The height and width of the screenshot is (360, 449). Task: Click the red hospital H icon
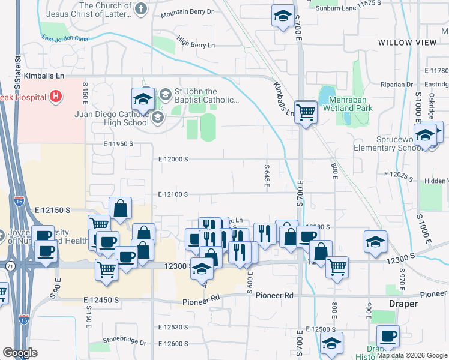[56, 96]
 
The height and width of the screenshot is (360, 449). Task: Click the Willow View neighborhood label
[408, 43]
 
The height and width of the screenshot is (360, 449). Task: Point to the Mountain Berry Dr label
[187, 11]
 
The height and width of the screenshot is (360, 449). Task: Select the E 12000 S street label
[173, 159]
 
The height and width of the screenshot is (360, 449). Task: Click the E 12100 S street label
[173, 194]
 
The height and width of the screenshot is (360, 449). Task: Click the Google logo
[20, 353]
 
